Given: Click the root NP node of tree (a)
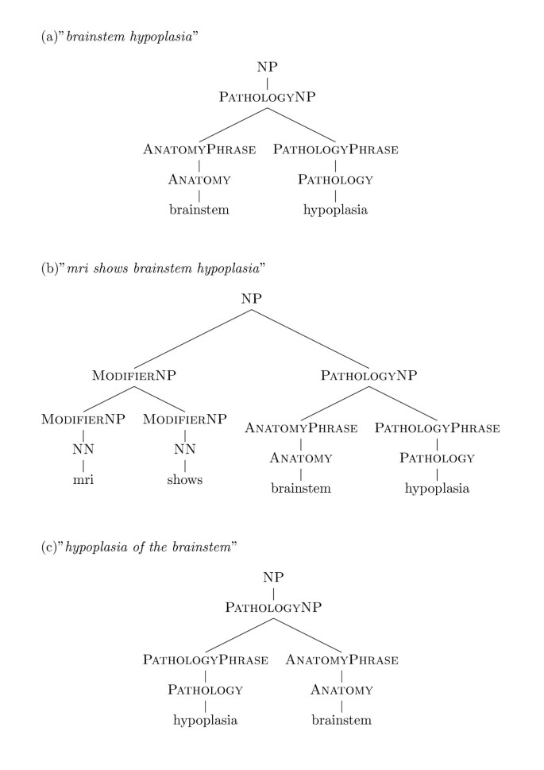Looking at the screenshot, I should pos(268,68).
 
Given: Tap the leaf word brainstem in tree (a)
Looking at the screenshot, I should pos(199,211).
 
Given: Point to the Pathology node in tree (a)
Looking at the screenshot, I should pos(335,180).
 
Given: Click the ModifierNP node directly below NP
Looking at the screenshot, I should pos(133,374).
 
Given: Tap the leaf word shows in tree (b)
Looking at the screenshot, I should pos(185,480).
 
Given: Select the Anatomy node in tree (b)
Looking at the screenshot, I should pos(300,459).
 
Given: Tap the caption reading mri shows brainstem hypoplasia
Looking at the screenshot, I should pos(152,267).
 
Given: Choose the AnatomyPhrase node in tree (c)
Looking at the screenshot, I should pos(341,660).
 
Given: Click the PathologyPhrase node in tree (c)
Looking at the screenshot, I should pos(205,660).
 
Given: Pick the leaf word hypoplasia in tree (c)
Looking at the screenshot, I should pos(205,721).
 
